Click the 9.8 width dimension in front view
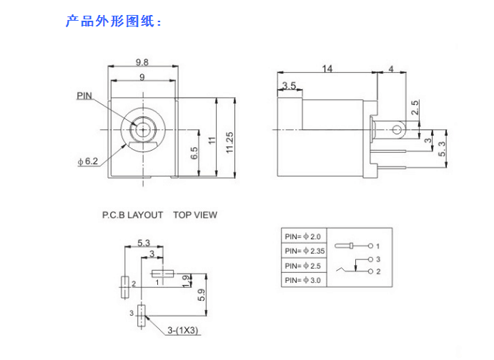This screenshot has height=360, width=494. (x=141, y=62)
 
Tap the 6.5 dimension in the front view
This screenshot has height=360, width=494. (x=194, y=153)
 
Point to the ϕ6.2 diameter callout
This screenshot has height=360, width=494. (x=88, y=161)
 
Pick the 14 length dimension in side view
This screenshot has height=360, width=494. (x=327, y=69)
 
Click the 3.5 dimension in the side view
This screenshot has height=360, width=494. (x=289, y=86)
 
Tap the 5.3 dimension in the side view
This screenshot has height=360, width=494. (x=442, y=149)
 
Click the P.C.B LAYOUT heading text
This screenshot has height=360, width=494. (x=132, y=214)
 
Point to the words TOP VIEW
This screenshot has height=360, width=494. (x=194, y=214)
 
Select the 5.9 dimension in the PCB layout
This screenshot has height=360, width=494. (x=201, y=294)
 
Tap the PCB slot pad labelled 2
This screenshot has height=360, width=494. (x=124, y=283)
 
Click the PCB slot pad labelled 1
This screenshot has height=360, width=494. (x=162, y=273)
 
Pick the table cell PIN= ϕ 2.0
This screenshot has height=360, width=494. (x=303, y=236)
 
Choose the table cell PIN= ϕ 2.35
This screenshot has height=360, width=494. (x=305, y=251)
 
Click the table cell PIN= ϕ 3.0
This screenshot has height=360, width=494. (x=303, y=280)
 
